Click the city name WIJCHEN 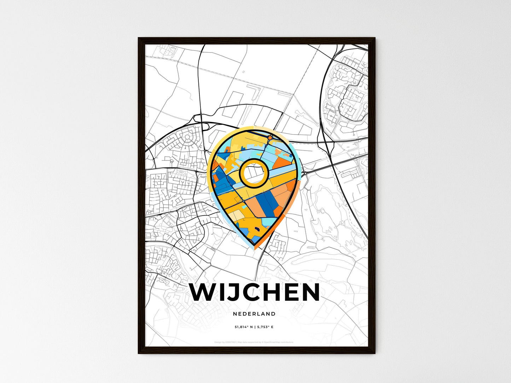255,292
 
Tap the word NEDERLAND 254,314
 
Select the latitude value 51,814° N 244,327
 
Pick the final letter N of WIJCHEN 309,292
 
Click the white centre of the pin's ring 254,173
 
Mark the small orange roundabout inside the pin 270,137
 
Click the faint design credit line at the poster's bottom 254,342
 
